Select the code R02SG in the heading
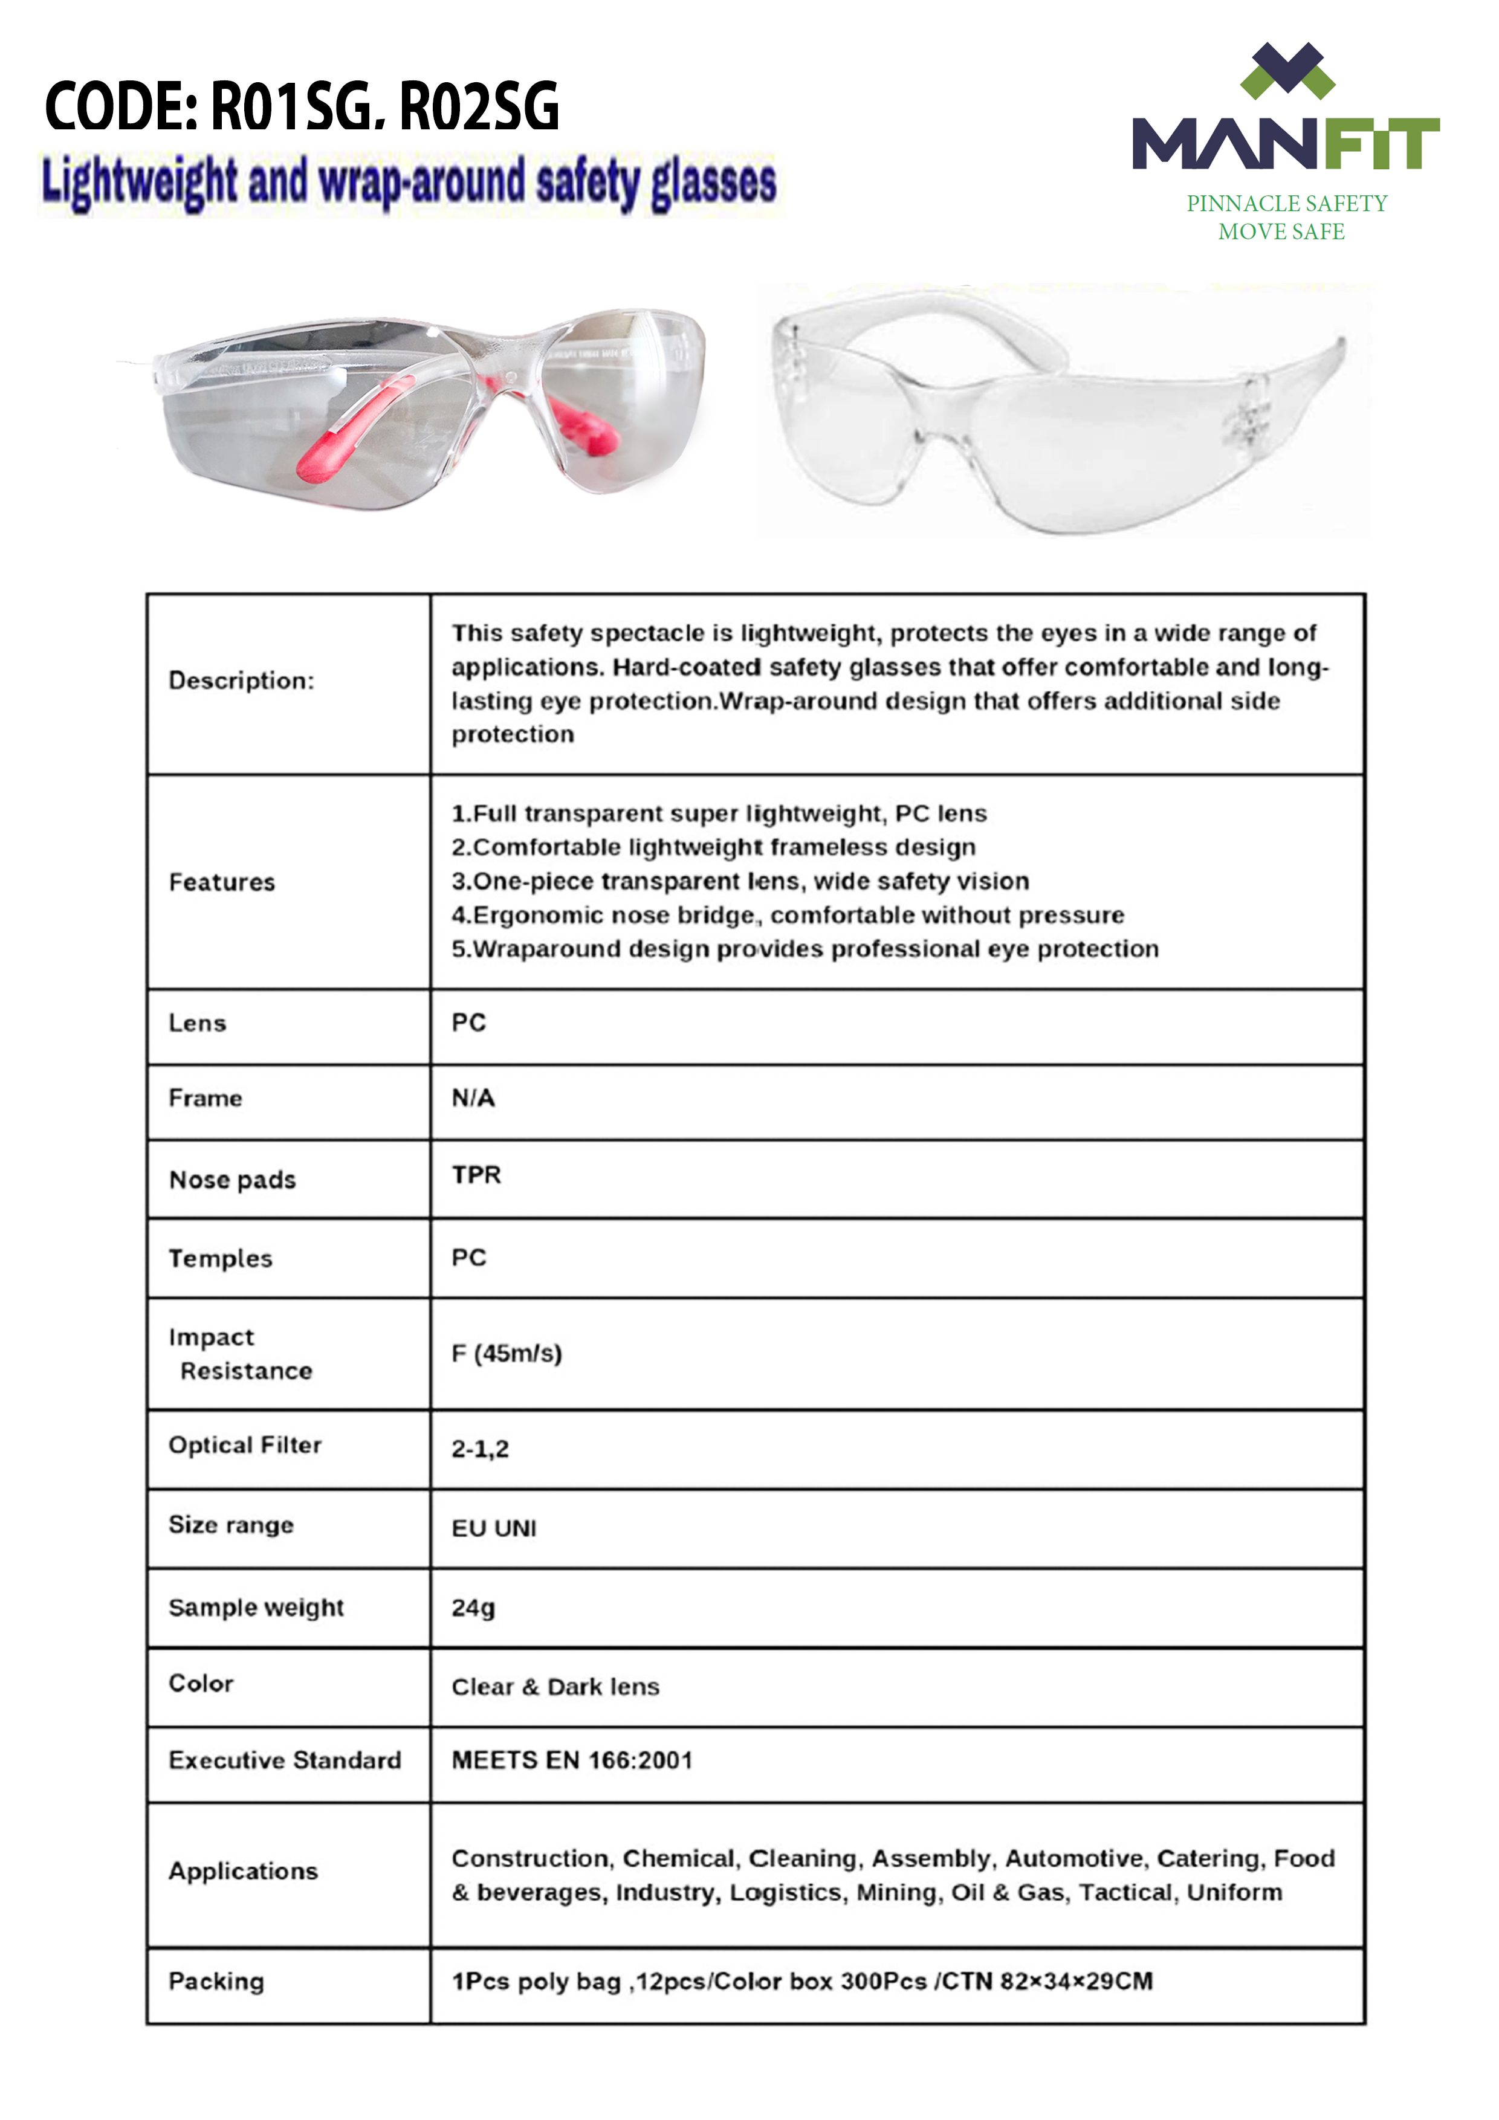(479, 107)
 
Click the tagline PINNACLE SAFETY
(1287, 203)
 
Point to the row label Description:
(241, 680)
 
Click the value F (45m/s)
(506, 1354)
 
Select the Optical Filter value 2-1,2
(479, 1448)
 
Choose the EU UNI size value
(493, 1528)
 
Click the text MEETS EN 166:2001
(572, 1760)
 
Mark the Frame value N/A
(473, 1098)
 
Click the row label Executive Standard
(285, 1760)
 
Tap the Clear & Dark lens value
(555, 1687)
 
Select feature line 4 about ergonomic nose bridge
(787, 915)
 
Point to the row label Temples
(221, 1258)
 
